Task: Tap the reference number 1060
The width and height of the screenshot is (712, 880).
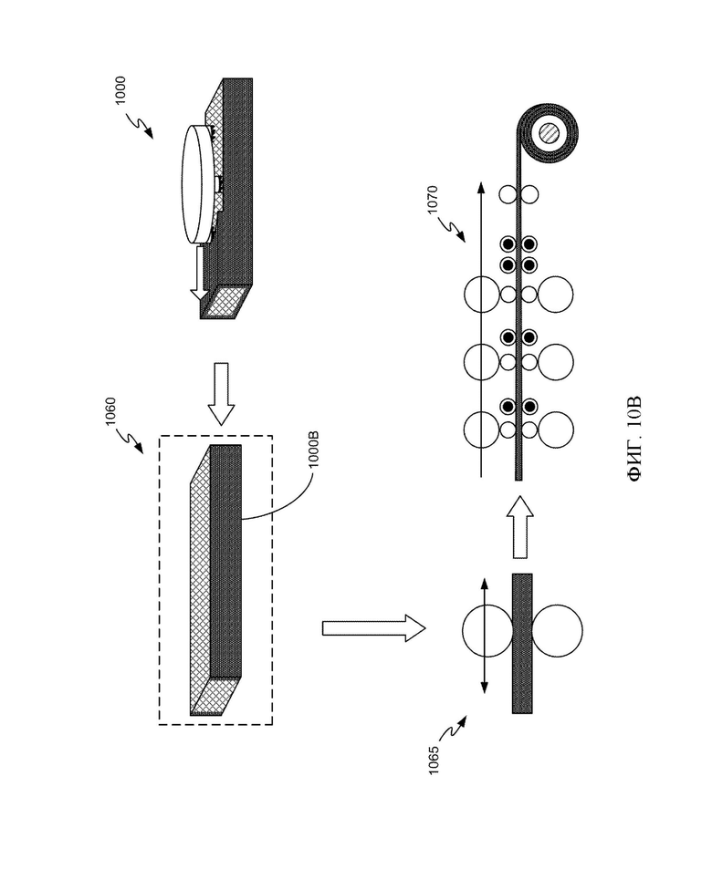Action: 110,412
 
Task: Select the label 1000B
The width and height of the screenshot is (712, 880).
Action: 314,449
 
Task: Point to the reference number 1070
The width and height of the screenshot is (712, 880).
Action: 432,199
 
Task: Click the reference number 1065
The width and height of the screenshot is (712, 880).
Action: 434,761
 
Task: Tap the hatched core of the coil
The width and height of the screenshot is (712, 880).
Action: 549,133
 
